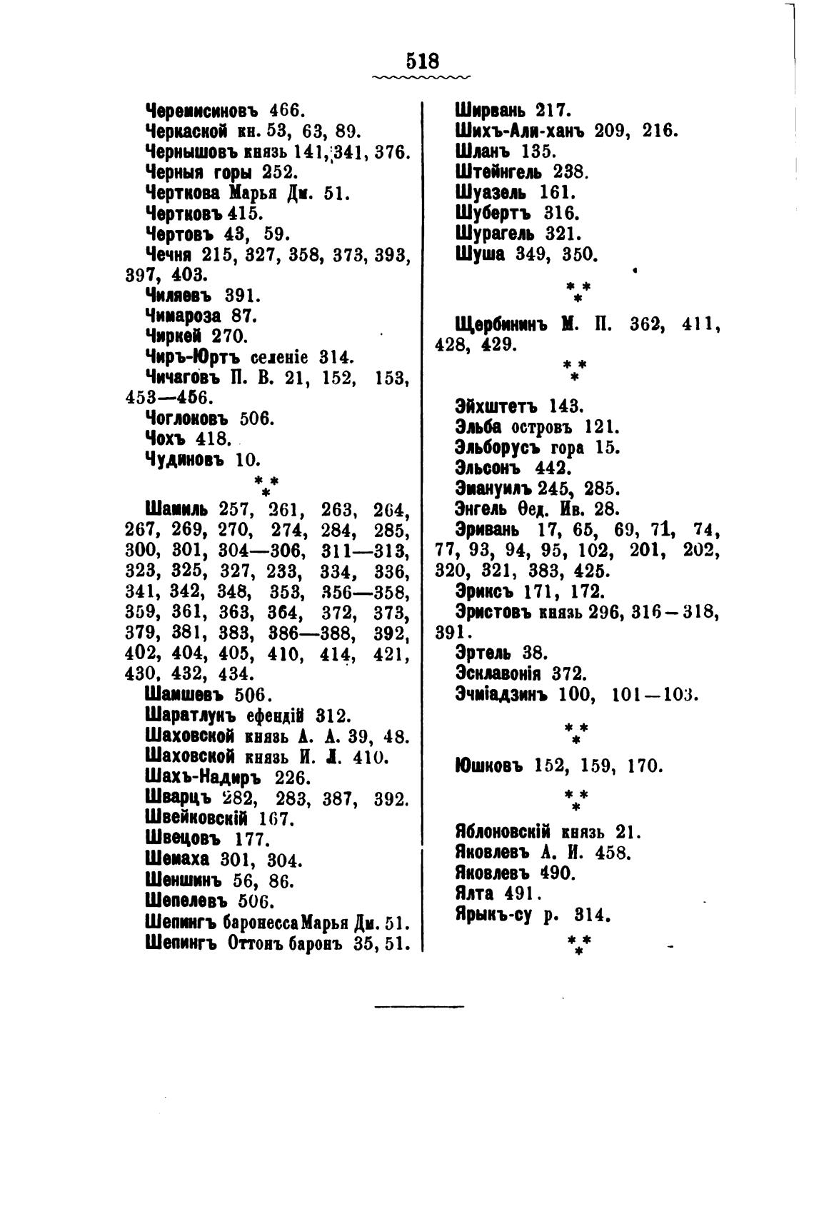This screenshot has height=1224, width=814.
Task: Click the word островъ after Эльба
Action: click(546, 427)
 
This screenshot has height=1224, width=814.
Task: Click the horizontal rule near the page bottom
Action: click(419, 1008)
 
